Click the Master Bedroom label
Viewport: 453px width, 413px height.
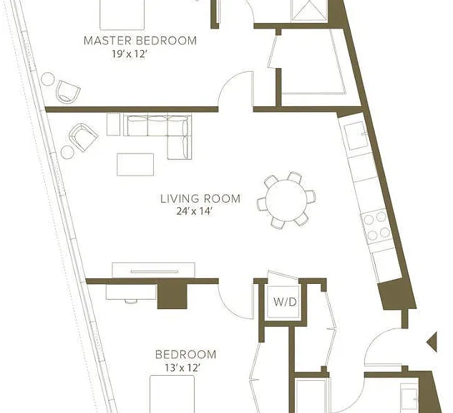click(x=140, y=41)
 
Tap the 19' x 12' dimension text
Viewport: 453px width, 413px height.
click(x=130, y=54)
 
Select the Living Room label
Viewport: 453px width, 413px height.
click(x=200, y=199)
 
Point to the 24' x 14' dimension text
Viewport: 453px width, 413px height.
click(x=195, y=212)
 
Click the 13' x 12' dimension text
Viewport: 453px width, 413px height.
click(x=182, y=368)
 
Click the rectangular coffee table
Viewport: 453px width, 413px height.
click(x=135, y=164)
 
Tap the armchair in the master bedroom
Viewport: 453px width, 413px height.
click(x=67, y=91)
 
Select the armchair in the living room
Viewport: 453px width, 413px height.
click(x=83, y=137)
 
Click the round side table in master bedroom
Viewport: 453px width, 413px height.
click(x=48, y=79)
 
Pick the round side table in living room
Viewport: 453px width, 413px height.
click(x=67, y=152)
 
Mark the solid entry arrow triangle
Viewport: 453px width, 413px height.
click(x=432, y=342)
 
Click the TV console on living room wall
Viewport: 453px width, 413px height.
click(x=153, y=270)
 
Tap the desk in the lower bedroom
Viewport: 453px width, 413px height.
click(x=132, y=292)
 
